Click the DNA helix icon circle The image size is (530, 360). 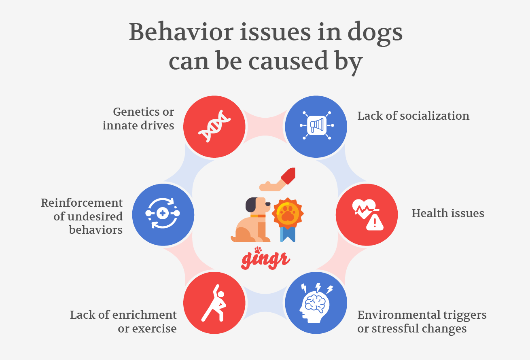click(x=214, y=126)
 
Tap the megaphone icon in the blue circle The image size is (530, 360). click(x=316, y=126)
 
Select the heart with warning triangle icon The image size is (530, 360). click(x=367, y=214)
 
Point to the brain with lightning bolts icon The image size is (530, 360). click(x=316, y=303)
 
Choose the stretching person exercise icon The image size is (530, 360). click(x=214, y=303)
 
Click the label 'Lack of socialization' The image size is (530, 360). click(x=413, y=116)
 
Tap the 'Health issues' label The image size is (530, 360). click(x=447, y=213)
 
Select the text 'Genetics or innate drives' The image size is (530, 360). click(x=138, y=119)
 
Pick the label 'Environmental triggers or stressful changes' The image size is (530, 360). click(x=422, y=322)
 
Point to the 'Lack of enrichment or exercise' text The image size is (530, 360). click(x=123, y=322)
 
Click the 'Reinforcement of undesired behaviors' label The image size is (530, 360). click(x=82, y=216)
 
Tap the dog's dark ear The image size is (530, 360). click(x=251, y=205)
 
